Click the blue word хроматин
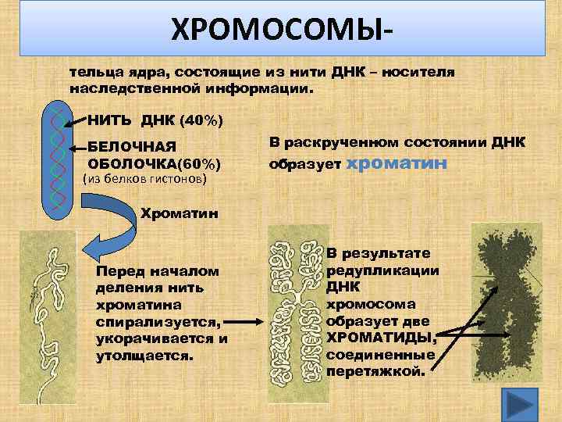click(396, 163)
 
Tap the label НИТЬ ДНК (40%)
click(155, 121)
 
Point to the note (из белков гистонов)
click(144, 179)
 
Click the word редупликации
click(382, 270)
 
